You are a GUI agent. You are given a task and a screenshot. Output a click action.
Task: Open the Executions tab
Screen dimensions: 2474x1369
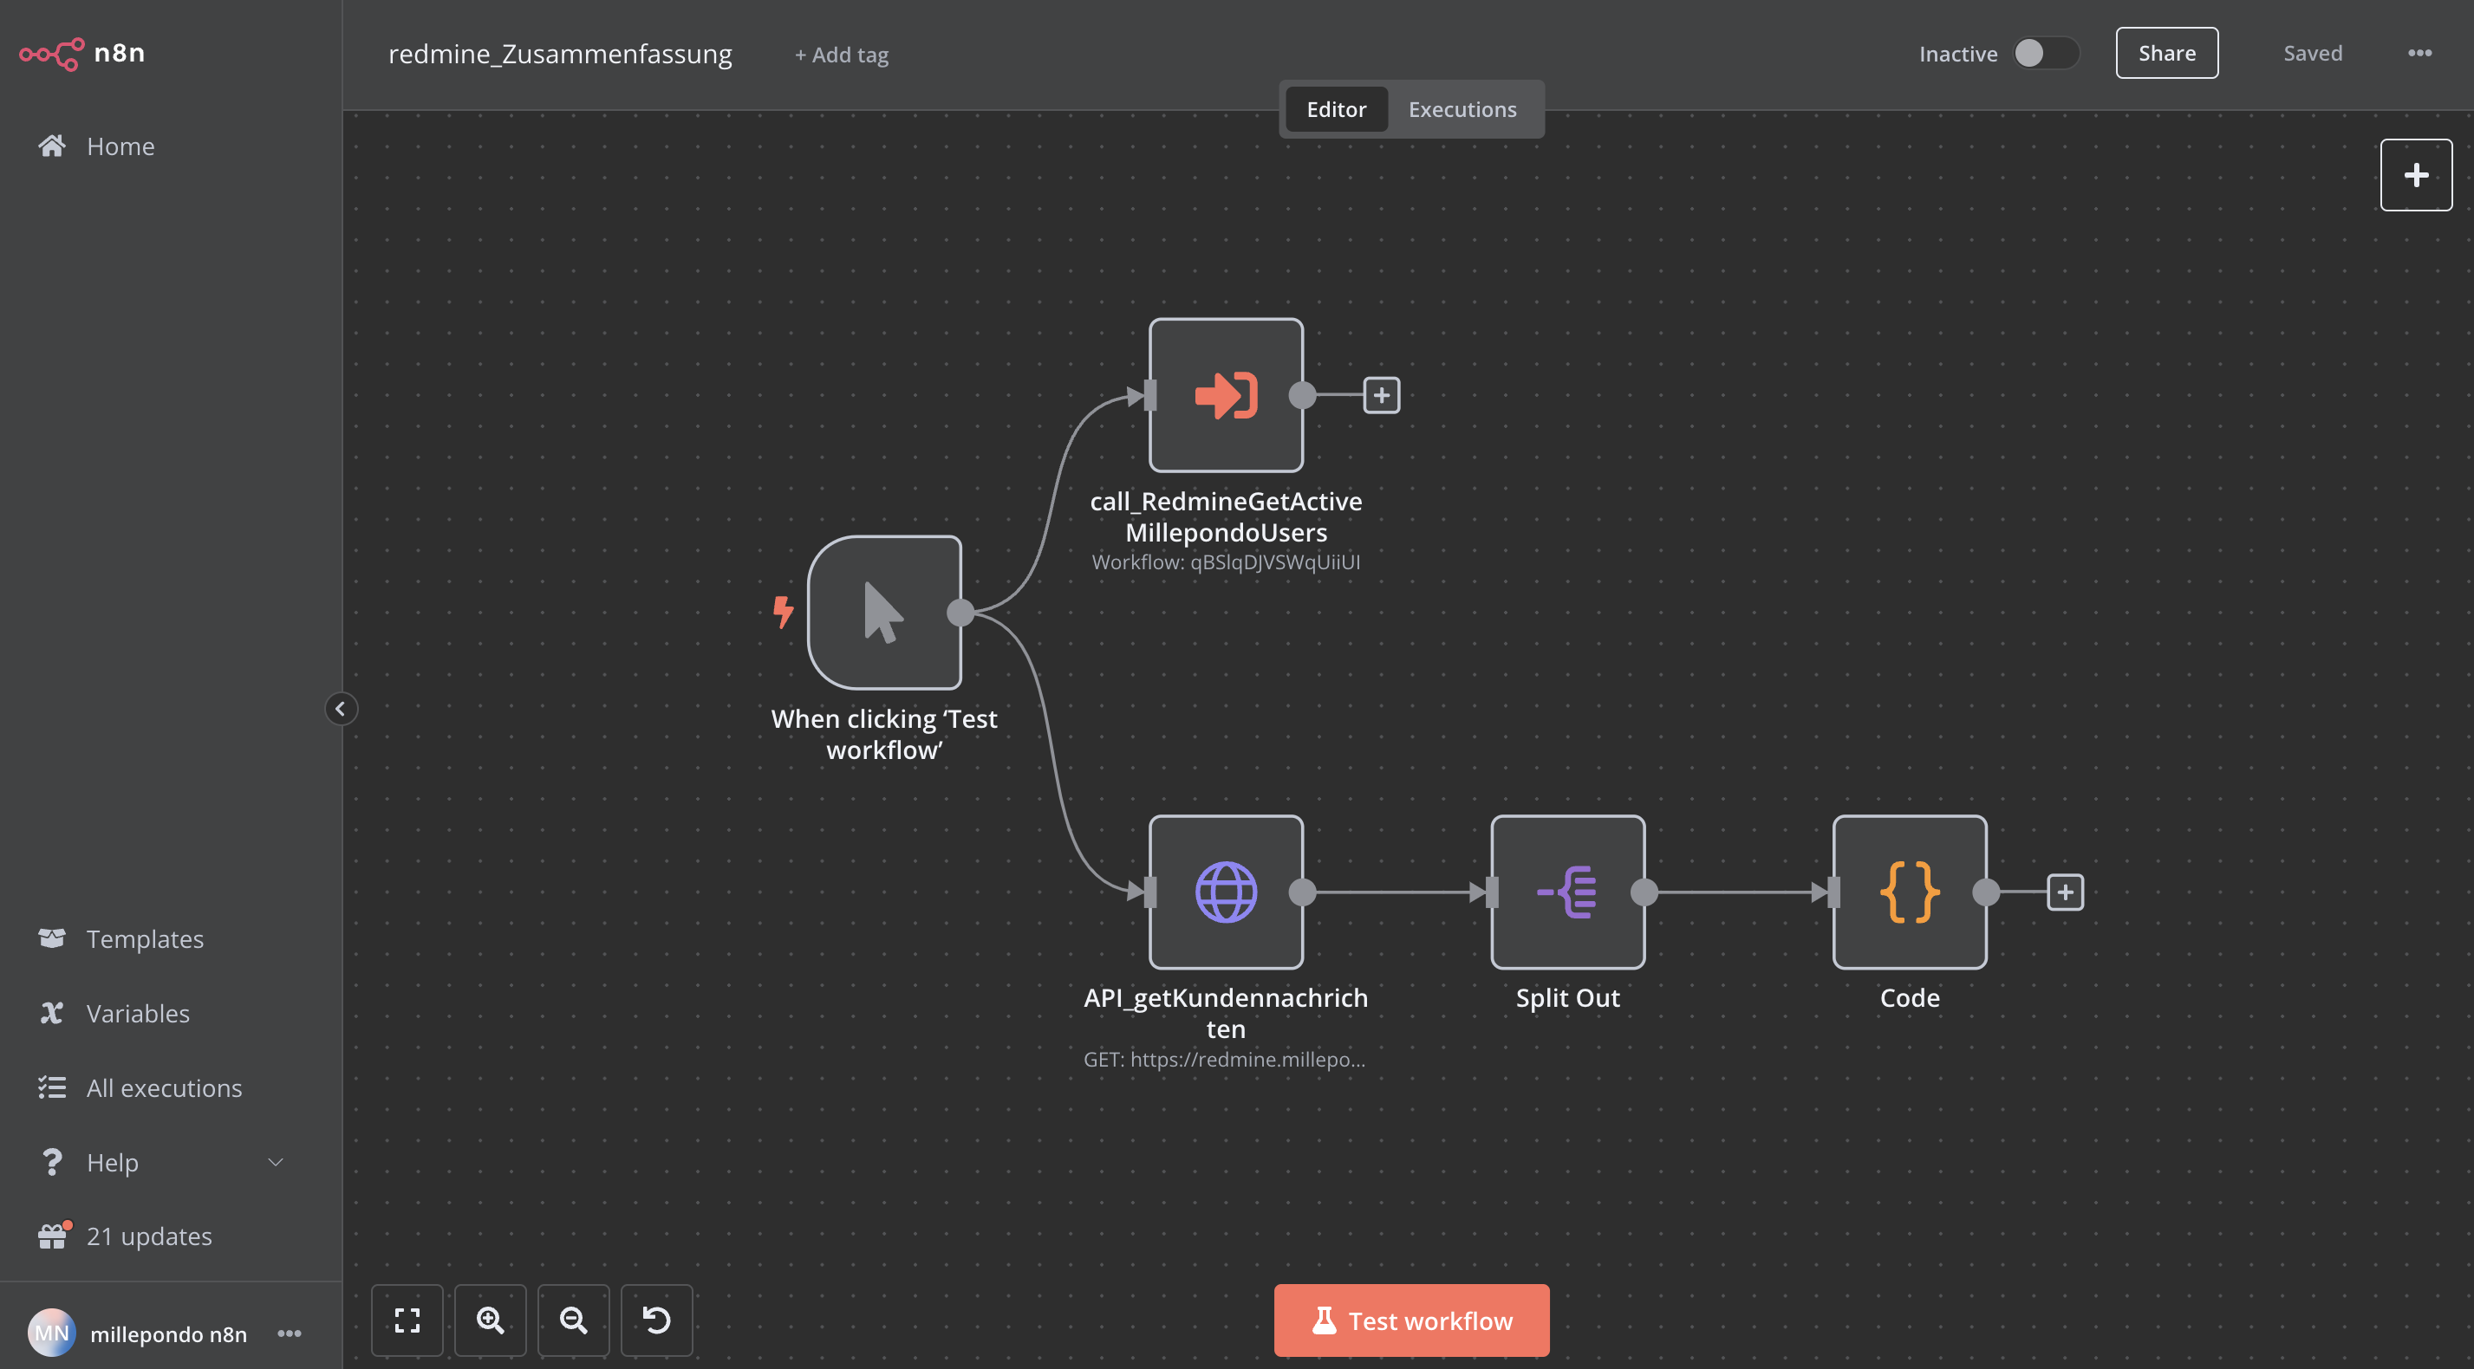1462,109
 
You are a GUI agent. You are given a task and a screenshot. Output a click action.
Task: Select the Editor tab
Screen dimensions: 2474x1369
1336,109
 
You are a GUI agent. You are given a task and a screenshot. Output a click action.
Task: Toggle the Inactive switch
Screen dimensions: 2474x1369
2046,54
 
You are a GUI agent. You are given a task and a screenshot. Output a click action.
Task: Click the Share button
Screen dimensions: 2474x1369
2166,53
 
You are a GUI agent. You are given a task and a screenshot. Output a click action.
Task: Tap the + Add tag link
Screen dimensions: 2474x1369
842,55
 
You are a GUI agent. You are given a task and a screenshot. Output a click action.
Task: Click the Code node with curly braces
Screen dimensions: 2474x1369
1910,892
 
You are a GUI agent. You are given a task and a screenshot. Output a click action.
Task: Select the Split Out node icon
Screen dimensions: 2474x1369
1567,892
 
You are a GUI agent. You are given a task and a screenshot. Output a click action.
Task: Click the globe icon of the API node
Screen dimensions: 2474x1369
1226,892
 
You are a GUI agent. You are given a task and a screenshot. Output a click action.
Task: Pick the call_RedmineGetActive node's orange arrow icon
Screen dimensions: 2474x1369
1226,394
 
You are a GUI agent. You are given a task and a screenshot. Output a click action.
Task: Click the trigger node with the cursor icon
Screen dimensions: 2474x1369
883,613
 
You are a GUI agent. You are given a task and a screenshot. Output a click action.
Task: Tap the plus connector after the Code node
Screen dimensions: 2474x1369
2065,892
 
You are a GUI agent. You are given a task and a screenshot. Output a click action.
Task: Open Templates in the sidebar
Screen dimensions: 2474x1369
145,939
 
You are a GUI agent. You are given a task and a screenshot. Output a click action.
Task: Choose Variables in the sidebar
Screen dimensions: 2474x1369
137,1014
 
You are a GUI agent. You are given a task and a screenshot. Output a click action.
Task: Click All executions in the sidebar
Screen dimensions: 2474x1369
164,1087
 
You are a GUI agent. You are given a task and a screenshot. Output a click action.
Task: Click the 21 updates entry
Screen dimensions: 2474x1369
149,1236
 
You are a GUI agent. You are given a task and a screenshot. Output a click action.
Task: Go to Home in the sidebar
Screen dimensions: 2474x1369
120,146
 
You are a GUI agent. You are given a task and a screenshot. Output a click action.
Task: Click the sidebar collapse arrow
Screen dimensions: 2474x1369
340,709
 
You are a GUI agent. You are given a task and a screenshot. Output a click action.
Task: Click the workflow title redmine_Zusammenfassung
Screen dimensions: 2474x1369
560,54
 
